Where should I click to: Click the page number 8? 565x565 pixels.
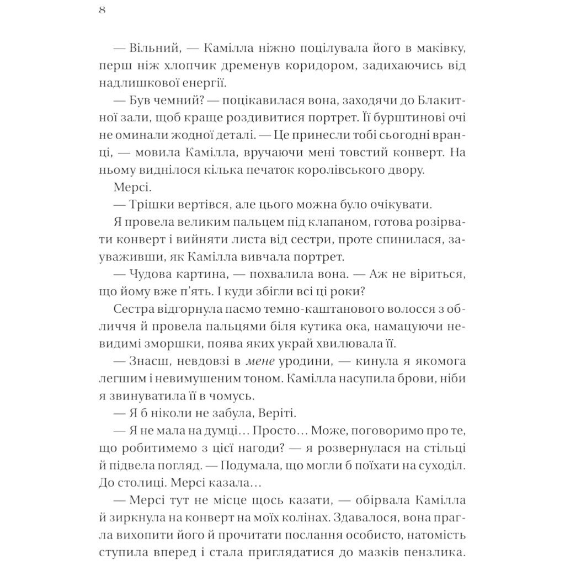102,12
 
